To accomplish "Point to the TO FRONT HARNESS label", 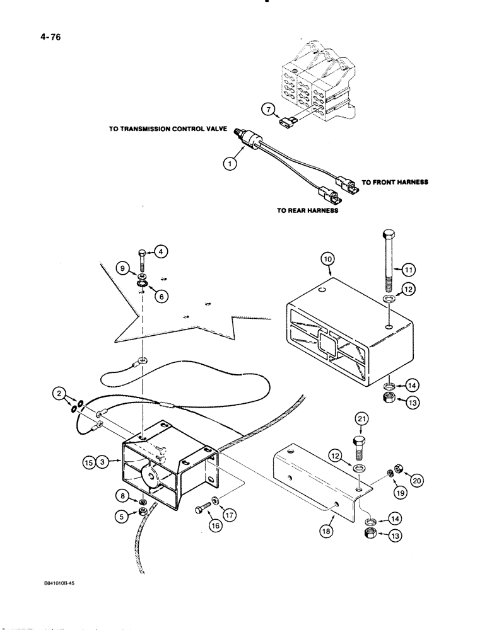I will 396,182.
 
